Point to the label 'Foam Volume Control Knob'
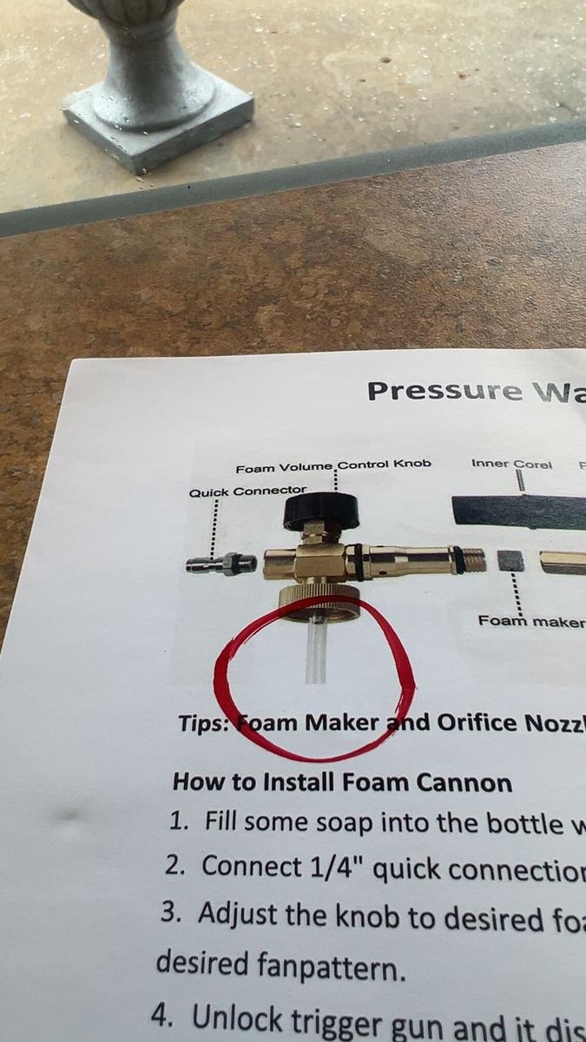[x=333, y=465]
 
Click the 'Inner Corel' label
[x=511, y=464]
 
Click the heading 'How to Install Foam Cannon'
[x=342, y=782]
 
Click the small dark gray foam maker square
[x=511, y=561]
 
